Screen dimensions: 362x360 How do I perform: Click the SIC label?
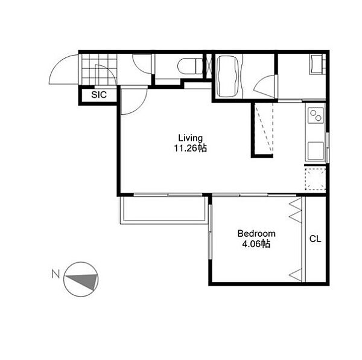coord(99,95)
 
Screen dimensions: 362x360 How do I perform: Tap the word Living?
coord(191,138)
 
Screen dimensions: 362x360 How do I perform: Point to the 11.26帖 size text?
coord(191,148)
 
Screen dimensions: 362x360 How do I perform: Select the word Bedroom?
coord(256,234)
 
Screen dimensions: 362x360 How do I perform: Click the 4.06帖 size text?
coord(256,244)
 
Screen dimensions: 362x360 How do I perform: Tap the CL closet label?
coord(315,239)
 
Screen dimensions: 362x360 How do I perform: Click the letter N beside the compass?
coord(56,274)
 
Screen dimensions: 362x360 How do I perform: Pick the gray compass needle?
coord(83,281)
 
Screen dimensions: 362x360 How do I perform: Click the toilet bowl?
coord(190,66)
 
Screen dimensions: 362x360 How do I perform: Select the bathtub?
coord(228,76)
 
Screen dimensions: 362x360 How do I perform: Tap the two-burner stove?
coord(316,115)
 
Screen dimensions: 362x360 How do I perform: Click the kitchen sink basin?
coord(316,151)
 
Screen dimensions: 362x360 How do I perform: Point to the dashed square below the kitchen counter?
coord(315,179)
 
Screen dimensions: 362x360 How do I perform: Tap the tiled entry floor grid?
coord(100,69)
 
